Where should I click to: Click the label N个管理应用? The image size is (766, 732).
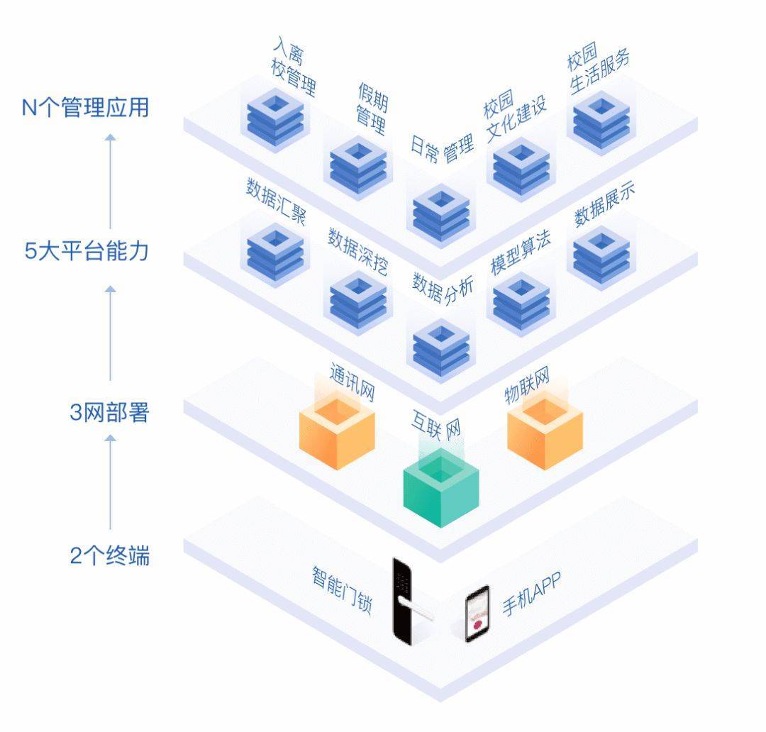point(86,108)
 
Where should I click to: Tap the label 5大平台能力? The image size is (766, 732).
point(86,252)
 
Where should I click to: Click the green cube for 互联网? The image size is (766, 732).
point(441,489)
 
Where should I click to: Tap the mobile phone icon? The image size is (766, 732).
point(477,614)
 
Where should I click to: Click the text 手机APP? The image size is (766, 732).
point(531,595)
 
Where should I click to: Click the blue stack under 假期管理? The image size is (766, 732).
point(359,170)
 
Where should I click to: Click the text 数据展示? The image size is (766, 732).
point(604,205)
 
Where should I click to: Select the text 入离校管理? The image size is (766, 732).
point(294,67)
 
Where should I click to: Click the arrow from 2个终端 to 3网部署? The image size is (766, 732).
point(110,482)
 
